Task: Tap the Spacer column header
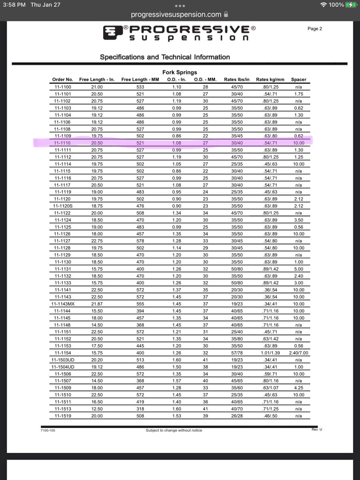(x=298, y=80)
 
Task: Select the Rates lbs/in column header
(x=237, y=80)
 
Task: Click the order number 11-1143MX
(x=63, y=304)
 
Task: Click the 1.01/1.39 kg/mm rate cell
(x=270, y=353)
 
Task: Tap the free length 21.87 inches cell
(x=97, y=304)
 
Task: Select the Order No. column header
(x=63, y=80)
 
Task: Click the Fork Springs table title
(x=180, y=72)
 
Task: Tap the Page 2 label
(x=315, y=29)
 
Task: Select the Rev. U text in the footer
(x=317, y=429)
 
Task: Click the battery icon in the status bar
(x=351, y=5)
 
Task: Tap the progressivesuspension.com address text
(x=176, y=14)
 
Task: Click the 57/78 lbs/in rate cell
(x=237, y=353)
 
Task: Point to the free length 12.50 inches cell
(x=97, y=409)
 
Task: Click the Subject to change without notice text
(x=174, y=430)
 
